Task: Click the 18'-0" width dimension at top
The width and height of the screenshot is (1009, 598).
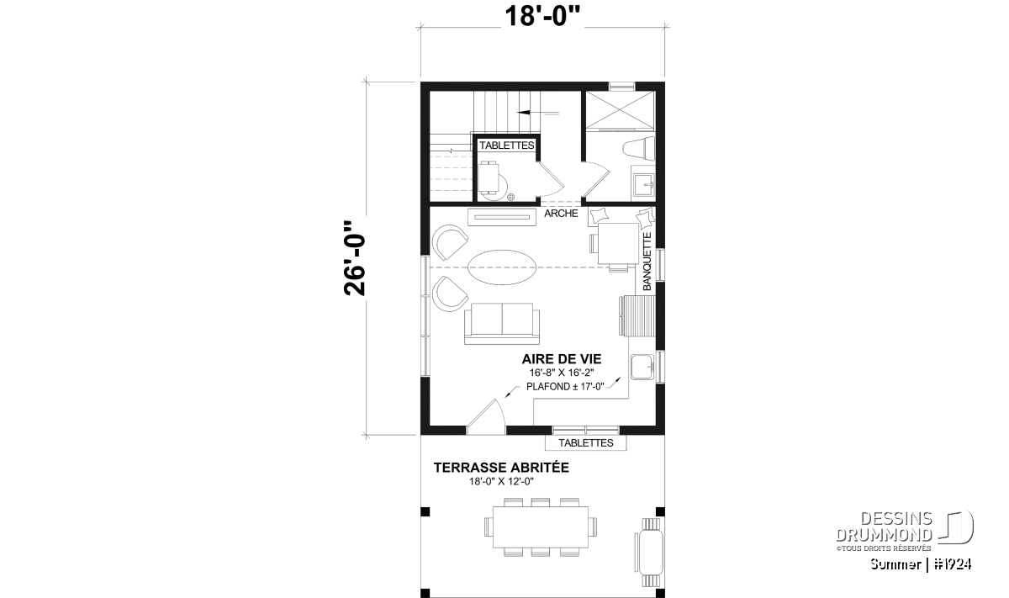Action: pyautogui.click(x=542, y=17)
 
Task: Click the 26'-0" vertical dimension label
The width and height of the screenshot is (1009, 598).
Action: pyautogui.click(x=355, y=258)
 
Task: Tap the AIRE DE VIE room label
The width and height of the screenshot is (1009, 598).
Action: pyautogui.click(x=562, y=359)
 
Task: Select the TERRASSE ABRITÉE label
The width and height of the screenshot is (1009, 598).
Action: pyautogui.click(x=501, y=468)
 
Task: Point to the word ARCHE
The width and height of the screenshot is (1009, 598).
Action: pyautogui.click(x=561, y=213)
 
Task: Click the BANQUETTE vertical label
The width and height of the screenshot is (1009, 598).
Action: pyautogui.click(x=647, y=262)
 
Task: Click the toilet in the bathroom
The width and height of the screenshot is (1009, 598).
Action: pyautogui.click(x=639, y=148)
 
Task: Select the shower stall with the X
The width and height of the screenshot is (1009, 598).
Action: pyautogui.click(x=620, y=109)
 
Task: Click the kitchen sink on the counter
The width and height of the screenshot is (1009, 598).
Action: pyautogui.click(x=642, y=367)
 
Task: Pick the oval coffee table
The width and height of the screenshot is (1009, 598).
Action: pyautogui.click(x=502, y=267)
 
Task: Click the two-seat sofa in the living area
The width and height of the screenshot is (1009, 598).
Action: pyautogui.click(x=502, y=324)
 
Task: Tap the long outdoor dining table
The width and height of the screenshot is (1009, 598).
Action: pyautogui.click(x=541, y=527)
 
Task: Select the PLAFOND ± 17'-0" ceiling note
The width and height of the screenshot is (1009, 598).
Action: pyautogui.click(x=565, y=387)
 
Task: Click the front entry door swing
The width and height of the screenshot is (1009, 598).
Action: pyautogui.click(x=486, y=416)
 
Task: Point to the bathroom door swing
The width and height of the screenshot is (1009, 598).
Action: pyautogui.click(x=596, y=179)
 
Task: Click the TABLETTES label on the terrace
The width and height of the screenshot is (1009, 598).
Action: pyautogui.click(x=585, y=443)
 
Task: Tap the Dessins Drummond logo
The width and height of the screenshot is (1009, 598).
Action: pyautogui.click(x=905, y=531)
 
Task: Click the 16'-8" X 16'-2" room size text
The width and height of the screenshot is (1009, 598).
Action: pyautogui.click(x=562, y=373)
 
